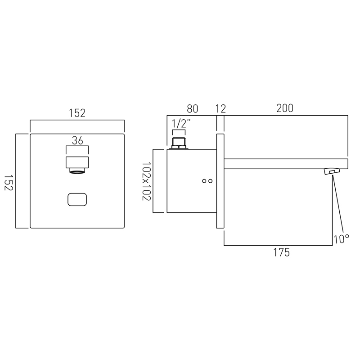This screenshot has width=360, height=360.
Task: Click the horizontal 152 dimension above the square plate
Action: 77,113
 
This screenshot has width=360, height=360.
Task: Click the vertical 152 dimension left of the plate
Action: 9,183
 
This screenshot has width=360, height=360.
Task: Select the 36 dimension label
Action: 77,140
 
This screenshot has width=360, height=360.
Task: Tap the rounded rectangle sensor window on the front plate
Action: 77,199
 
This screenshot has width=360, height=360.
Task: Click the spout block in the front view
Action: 77,162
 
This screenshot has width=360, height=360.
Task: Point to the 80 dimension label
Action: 193,109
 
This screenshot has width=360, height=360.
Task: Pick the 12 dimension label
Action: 220,109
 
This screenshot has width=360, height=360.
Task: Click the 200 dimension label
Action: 285,108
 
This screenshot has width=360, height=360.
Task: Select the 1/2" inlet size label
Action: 181,124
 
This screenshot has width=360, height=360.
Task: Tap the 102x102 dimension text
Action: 146,181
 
